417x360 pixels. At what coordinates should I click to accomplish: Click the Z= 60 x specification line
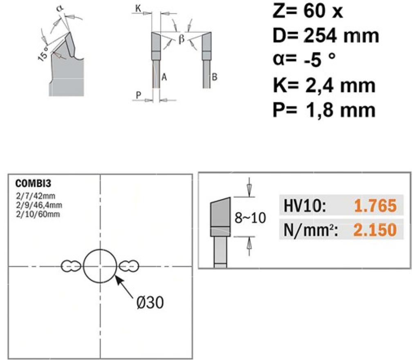(x=308, y=11)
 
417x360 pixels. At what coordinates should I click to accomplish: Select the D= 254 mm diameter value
(x=326, y=36)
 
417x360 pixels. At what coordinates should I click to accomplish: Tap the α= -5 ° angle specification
(x=304, y=60)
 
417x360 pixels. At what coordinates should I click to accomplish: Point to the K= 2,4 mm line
(x=324, y=85)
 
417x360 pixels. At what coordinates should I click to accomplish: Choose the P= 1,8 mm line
(x=324, y=110)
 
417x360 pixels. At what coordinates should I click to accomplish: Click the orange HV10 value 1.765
(x=375, y=206)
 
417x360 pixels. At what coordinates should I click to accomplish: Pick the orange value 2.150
(x=375, y=230)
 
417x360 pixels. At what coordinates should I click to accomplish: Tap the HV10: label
(x=305, y=206)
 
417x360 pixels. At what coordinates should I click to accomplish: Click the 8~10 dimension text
(x=250, y=218)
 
